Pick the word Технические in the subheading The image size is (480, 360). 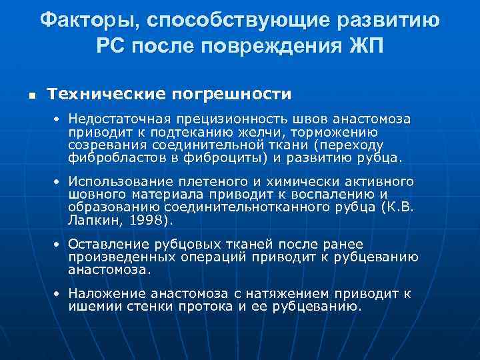click(x=109, y=93)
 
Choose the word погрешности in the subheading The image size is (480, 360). click(x=233, y=93)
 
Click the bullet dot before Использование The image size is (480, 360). click(x=58, y=182)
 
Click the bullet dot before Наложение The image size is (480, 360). click(x=58, y=293)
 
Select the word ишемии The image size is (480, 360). click(x=89, y=307)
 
